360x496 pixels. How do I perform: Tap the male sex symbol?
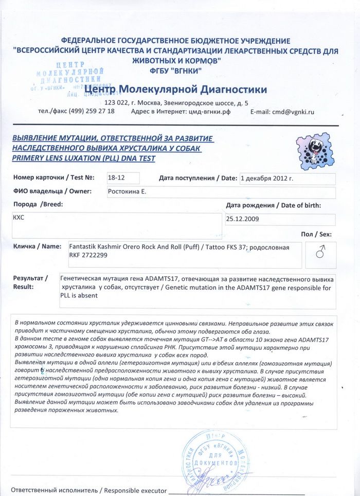(x=320, y=252)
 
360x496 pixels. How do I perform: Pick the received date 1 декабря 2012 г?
(x=266, y=179)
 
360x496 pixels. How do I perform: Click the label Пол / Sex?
(x=316, y=235)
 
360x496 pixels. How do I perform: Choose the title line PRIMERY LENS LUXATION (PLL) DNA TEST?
(x=83, y=158)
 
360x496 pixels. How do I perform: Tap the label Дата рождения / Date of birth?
(x=274, y=205)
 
